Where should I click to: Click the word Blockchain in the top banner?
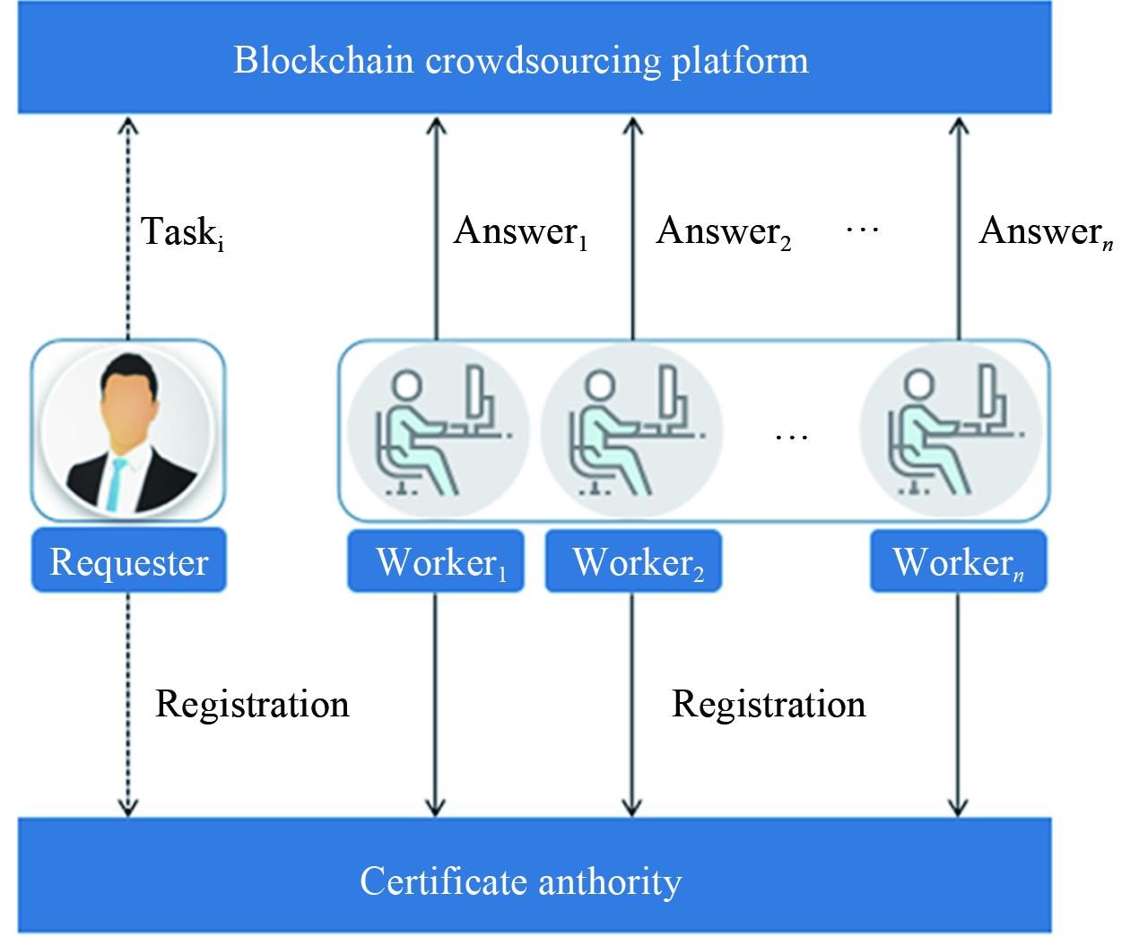click(x=323, y=60)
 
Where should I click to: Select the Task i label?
click(x=182, y=232)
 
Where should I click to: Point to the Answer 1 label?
click(x=520, y=232)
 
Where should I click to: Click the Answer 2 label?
click(x=723, y=232)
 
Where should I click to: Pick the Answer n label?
click(x=1046, y=232)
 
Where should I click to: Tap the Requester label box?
click(x=129, y=562)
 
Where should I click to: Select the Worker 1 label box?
click(x=436, y=562)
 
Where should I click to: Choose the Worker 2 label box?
click(x=633, y=562)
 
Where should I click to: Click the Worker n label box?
click(x=958, y=562)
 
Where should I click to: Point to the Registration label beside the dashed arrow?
click(x=252, y=705)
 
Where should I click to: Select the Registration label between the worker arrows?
click(x=769, y=705)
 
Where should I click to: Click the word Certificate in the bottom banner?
click(x=430, y=881)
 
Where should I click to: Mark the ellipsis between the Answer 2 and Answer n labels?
click(x=863, y=231)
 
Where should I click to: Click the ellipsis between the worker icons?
click(x=792, y=438)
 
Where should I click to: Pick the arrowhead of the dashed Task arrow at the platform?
click(x=128, y=126)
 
